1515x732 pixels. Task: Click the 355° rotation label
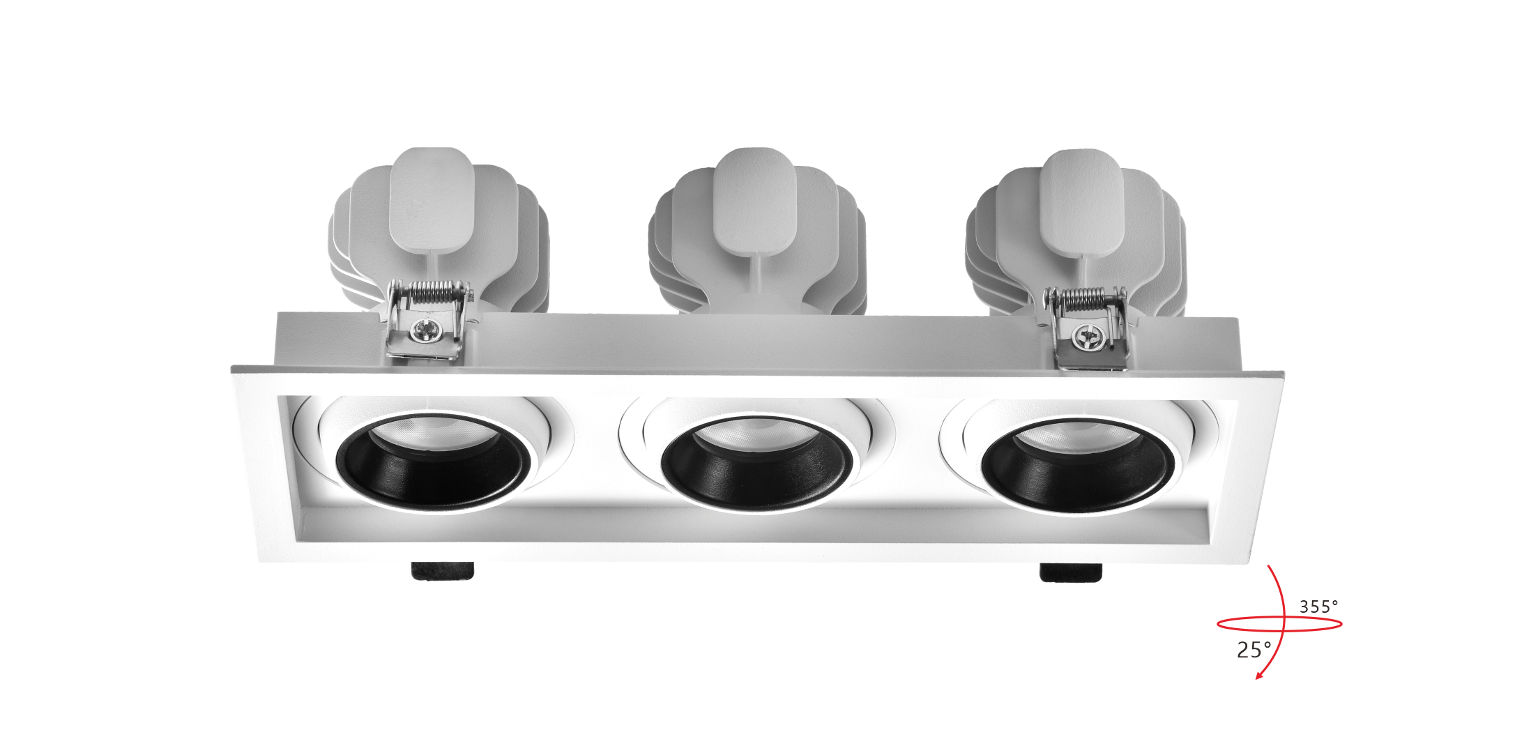click(1318, 607)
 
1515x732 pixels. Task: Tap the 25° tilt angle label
click(1254, 650)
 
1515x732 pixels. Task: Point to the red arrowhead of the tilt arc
click(1260, 673)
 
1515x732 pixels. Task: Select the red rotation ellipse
click(1279, 624)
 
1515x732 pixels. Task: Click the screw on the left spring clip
click(422, 330)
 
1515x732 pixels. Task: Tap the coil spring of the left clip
click(432, 291)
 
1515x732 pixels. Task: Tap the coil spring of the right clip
click(1084, 298)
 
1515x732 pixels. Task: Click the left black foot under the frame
click(442, 571)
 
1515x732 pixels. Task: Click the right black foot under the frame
click(1071, 572)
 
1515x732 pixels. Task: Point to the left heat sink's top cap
click(432, 199)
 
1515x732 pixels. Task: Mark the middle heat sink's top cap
click(754, 201)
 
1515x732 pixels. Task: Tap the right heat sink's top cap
click(1082, 202)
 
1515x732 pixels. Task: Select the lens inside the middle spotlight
click(757, 434)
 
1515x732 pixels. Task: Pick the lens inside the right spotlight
click(1078, 436)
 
